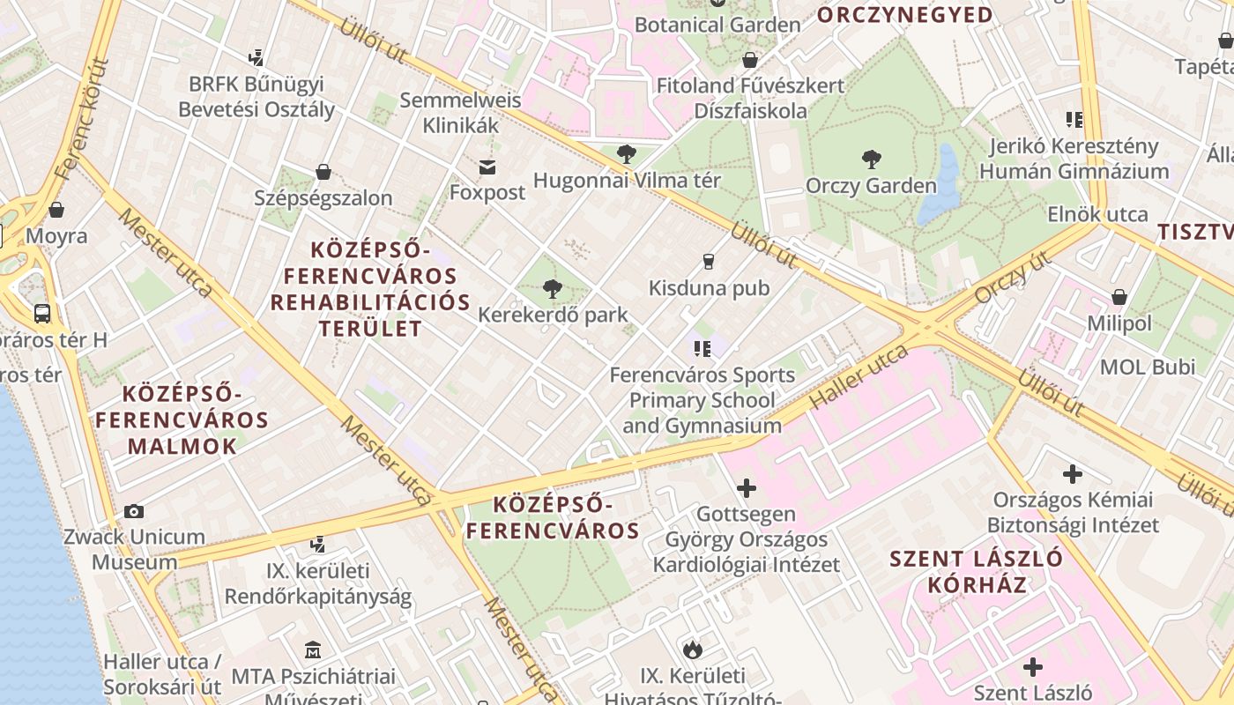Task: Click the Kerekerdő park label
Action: [x=553, y=315]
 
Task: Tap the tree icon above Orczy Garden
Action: [x=871, y=160]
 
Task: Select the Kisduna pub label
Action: [x=709, y=288]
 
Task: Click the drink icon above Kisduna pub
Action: [x=707, y=261]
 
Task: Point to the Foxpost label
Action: [x=487, y=192]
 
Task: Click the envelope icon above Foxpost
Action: [x=487, y=167]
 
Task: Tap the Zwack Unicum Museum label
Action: [x=135, y=549]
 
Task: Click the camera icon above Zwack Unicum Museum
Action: [x=134, y=511]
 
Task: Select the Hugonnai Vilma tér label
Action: [x=627, y=181]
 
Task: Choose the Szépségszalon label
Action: [x=323, y=198]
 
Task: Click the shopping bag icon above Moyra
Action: [x=56, y=210]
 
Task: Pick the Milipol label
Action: [x=1119, y=323]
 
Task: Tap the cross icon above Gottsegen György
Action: [x=747, y=487]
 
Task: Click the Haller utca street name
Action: [x=859, y=376]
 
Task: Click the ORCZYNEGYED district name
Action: [x=904, y=15]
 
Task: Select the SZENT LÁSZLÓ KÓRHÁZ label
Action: [x=976, y=571]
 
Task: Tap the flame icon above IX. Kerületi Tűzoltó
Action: [x=692, y=649]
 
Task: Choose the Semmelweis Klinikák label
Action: [x=460, y=113]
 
